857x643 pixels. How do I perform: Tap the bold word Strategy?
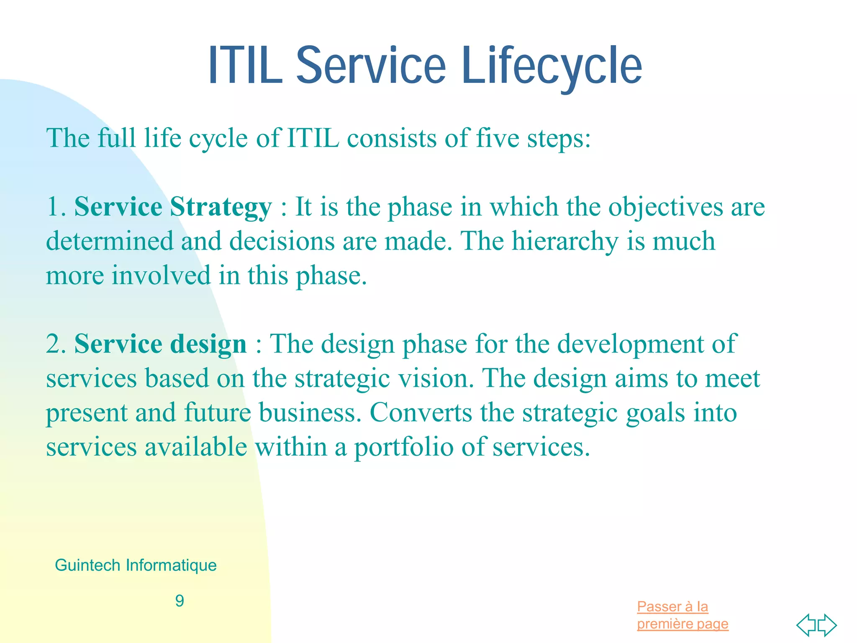point(221,207)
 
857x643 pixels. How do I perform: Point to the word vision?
point(435,378)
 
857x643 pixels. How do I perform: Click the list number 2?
point(55,345)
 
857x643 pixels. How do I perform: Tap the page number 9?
point(180,601)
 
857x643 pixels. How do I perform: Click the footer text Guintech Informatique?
point(136,565)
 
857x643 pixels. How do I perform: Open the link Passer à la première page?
point(682,615)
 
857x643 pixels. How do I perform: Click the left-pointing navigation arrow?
point(806,625)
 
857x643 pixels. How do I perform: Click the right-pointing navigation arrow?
point(827,625)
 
